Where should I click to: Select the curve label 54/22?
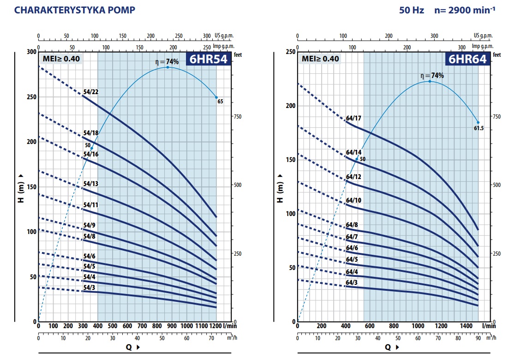(90, 92)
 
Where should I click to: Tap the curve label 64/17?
(353, 118)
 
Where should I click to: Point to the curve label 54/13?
(90, 184)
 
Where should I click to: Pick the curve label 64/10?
(353, 200)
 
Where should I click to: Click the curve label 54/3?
(90, 288)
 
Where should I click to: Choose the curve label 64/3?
(352, 282)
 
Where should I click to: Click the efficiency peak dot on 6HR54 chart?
(168, 67)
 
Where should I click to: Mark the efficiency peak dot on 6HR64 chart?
(430, 81)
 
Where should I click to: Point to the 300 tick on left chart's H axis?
(30, 52)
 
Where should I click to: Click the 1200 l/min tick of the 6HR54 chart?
(216, 326)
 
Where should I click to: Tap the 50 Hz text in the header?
(412, 10)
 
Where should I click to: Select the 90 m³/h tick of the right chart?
(478, 338)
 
